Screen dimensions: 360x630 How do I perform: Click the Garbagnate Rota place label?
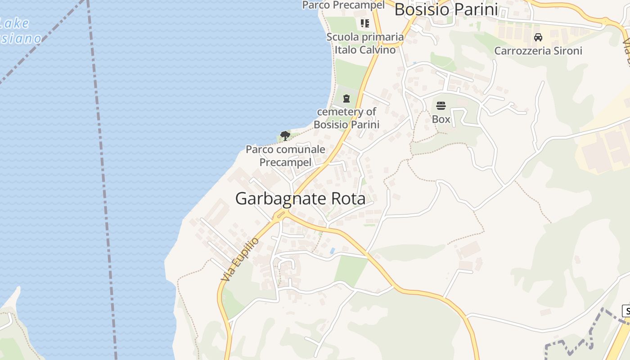click(x=300, y=198)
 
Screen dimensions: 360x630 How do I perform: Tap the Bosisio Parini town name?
click(x=446, y=9)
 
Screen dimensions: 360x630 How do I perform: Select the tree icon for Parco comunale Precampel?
click(x=284, y=135)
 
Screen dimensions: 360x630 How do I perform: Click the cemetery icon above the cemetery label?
click(x=346, y=98)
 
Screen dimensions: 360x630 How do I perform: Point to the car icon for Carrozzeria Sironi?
click(x=538, y=37)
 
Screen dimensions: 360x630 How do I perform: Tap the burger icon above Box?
click(x=441, y=106)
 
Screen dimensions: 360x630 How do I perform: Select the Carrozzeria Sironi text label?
click(x=538, y=50)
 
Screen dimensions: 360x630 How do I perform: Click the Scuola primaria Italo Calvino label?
click(x=365, y=43)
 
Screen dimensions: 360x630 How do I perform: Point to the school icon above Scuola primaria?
click(x=364, y=23)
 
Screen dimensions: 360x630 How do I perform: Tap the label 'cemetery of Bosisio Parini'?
click(x=346, y=118)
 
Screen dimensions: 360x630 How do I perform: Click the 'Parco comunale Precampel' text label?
click(x=285, y=155)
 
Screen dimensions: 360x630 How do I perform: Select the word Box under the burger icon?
click(x=441, y=119)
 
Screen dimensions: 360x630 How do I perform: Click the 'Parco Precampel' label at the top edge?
click(x=343, y=5)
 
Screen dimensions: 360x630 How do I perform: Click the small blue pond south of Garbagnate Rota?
click(x=332, y=251)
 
